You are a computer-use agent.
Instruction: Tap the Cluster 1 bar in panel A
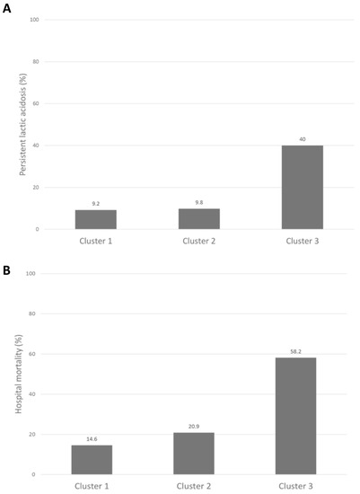tap(94, 219)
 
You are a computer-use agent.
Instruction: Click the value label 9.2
tap(94, 204)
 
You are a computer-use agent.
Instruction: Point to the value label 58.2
tap(294, 351)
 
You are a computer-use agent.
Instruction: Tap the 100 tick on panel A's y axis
tap(34, 20)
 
